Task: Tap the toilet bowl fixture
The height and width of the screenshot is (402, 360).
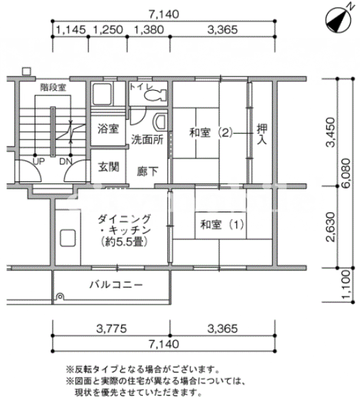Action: pos(155,95)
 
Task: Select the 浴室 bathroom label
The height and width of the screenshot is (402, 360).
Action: pos(108,128)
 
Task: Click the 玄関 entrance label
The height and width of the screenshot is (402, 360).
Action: pos(109,167)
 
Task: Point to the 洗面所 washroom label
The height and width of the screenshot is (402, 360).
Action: pos(148,140)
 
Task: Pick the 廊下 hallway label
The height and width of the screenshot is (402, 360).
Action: pos(148,172)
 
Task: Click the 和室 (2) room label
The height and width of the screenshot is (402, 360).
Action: pos(211,133)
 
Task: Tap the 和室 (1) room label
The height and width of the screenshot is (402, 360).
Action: pos(222,225)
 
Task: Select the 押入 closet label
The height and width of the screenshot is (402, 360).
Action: pos(262,134)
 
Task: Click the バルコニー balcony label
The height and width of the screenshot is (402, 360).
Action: pos(116,285)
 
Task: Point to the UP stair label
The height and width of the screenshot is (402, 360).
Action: pos(39,162)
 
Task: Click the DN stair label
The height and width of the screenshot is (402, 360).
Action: pos(66,162)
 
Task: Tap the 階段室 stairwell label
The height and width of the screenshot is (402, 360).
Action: pos(53,87)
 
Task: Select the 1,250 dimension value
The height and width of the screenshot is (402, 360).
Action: pos(108,29)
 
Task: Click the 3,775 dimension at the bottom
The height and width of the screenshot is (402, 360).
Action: pos(112,328)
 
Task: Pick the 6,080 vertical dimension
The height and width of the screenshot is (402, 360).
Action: pos(346,173)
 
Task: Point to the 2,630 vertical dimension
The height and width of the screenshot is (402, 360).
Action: pos(330,227)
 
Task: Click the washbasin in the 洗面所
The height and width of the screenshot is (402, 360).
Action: pos(160,123)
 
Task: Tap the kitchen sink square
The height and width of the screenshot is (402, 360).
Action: pos(68,239)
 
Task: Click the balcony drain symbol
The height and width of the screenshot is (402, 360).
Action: pos(60,296)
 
